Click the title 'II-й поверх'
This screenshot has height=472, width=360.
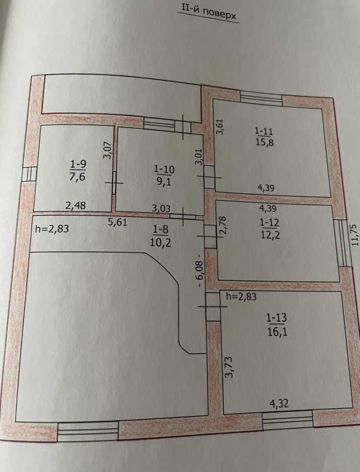point(209,13)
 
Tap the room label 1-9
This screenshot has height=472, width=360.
point(78,164)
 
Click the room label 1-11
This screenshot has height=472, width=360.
point(264,131)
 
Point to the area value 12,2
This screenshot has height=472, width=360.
point(270,234)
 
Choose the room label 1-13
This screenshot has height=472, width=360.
point(277,318)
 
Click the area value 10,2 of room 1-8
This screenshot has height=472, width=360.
point(160,242)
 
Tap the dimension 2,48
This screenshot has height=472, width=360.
point(75,206)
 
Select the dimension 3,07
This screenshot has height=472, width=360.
point(108,150)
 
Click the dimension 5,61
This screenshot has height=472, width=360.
point(117,222)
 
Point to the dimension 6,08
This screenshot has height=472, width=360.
point(200,274)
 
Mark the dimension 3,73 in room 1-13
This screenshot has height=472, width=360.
point(228,367)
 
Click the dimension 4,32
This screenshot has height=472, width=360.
point(279,403)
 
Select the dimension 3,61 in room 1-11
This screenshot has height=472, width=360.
point(220,127)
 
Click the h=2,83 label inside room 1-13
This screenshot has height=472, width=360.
point(241,297)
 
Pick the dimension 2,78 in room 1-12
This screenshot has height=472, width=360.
point(223,225)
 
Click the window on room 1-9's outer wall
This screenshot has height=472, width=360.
point(29,175)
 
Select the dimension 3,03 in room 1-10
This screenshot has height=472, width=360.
point(161,208)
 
